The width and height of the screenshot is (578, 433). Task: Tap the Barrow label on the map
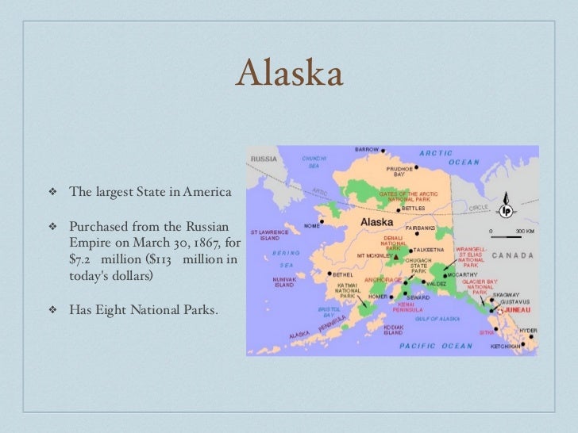click(x=367, y=149)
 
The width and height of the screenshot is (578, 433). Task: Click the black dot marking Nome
click(x=322, y=221)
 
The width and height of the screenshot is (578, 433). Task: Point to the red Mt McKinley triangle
click(x=395, y=257)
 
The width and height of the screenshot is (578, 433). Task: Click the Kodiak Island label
click(x=395, y=329)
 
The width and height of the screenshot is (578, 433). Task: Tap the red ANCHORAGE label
click(x=381, y=279)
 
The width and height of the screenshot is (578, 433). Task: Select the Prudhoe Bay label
click(x=400, y=171)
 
